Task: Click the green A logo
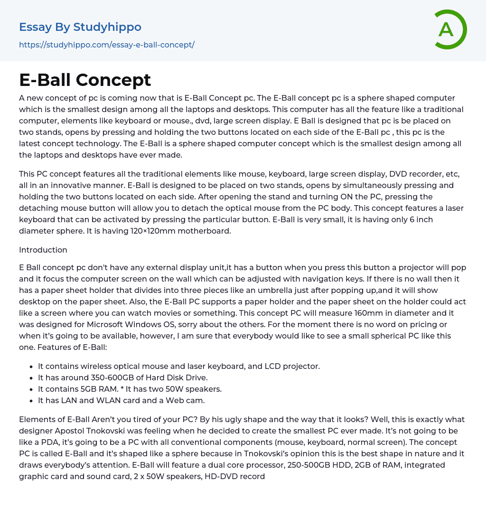449,29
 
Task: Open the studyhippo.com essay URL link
107,45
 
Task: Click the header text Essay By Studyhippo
80,27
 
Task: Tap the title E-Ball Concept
85,80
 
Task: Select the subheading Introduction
43,250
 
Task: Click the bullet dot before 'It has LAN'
31,401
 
